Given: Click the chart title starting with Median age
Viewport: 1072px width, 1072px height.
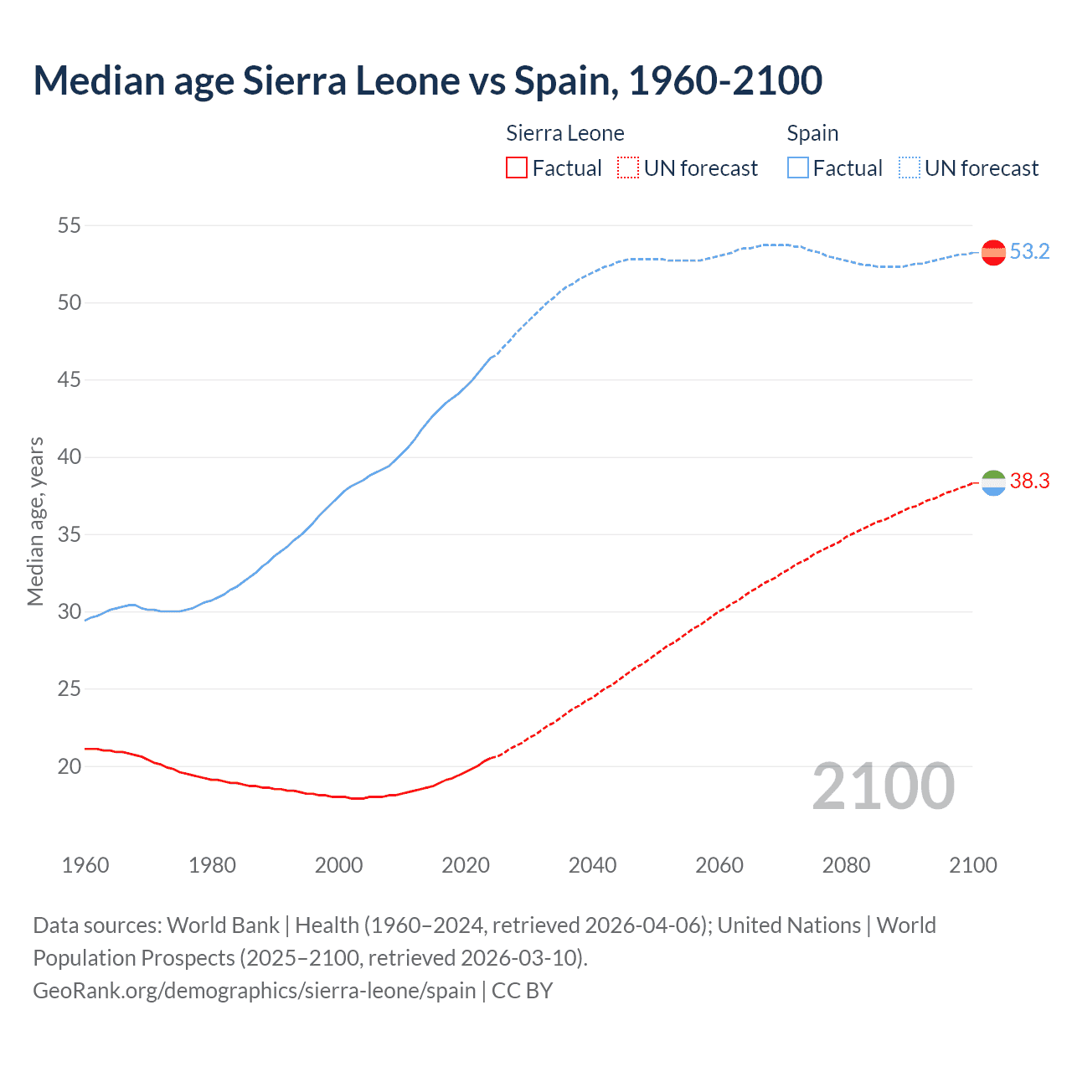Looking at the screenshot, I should [x=427, y=80].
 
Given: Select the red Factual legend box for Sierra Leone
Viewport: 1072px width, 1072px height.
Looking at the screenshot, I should [x=517, y=168].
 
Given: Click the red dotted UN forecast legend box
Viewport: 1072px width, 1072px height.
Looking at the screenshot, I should [x=628, y=168].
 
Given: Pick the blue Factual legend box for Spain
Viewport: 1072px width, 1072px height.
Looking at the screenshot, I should [x=797, y=168].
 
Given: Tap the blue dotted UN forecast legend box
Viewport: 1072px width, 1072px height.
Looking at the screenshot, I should [x=909, y=168].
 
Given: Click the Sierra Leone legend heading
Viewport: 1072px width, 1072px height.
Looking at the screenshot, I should [x=565, y=133].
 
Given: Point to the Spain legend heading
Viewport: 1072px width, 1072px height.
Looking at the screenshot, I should [x=812, y=133].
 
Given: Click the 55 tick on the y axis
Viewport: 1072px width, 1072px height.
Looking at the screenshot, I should [x=70, y=225].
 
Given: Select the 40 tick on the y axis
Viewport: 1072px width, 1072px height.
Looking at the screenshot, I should [x=70, y=457].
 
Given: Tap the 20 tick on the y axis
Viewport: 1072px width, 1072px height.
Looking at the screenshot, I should [x=70, y=766].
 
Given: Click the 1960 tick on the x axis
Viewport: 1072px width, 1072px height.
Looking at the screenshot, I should [x=85, y=865].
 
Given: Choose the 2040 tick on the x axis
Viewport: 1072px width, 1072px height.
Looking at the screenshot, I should [x=592, y=865].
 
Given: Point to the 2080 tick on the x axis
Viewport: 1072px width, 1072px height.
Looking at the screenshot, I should [x=846, y=865].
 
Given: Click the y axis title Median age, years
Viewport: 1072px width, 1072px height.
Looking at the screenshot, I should [x=35, y=521].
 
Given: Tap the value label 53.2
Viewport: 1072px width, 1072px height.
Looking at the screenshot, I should [x=1029, y=251].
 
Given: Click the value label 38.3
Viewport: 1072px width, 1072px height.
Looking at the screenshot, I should [x=1029, y=481].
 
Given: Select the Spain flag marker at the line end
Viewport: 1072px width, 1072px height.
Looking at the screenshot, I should [x=993, y=252].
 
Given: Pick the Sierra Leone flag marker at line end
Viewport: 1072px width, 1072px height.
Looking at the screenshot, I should [x=993, y=482].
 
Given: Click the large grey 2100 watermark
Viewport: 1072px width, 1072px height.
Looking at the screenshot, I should [x=884, y=786].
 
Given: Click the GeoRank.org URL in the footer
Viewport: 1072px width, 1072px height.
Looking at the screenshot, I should [x=254, y=990].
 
